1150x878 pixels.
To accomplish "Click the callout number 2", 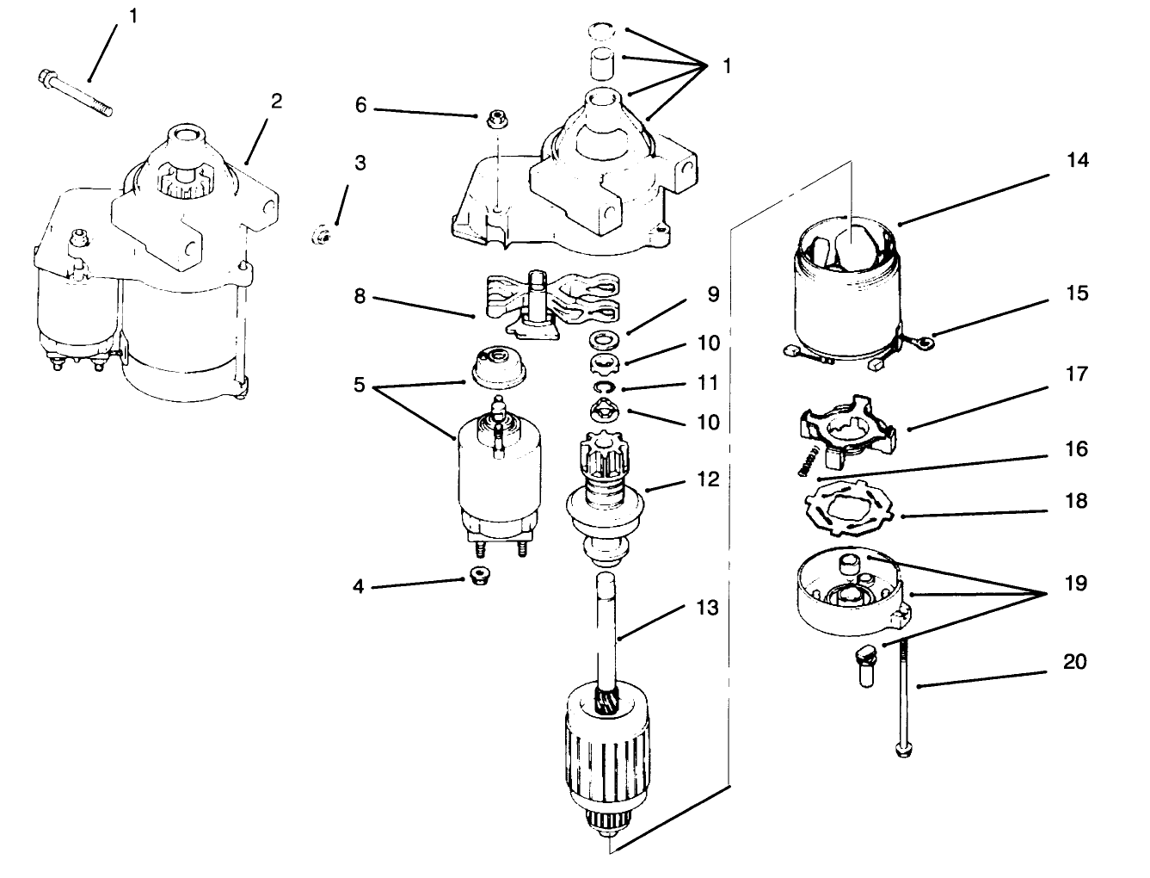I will pos(276,102).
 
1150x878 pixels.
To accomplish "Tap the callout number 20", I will pos(1075,662).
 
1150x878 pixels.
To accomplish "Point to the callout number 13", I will pos(706,609).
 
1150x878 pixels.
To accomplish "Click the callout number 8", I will pos(360,297).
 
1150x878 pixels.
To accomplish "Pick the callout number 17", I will pos(1077,374).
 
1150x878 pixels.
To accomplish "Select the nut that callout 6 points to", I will pos(494,119).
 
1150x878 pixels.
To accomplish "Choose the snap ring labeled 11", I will pos(606,388).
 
